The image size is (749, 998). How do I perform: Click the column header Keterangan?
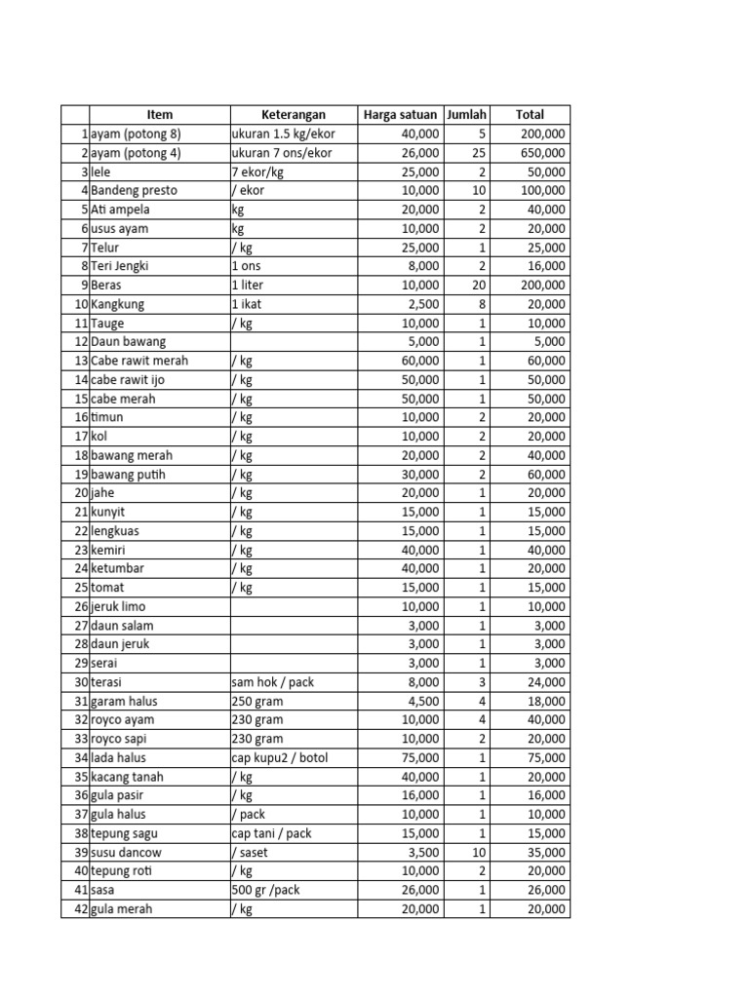293,115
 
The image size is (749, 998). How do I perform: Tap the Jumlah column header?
466,115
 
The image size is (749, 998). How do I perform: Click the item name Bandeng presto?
134,190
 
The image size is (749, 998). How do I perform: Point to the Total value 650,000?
540,153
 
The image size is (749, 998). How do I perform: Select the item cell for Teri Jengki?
120,266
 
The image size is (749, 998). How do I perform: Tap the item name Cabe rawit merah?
139,361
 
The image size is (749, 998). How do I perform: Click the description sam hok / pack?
273,682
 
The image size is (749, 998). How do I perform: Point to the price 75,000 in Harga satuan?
419,757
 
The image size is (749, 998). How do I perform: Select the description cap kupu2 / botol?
280,757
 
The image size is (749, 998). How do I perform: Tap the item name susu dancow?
127,852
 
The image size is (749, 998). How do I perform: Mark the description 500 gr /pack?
267,890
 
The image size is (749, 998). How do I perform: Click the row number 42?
81,909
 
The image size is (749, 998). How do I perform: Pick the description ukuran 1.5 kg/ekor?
283,134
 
